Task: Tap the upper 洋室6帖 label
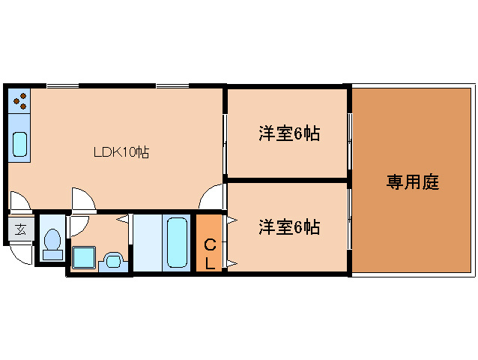[289, 134]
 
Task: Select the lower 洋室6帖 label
[289, 226]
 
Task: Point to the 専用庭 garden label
[412, 181]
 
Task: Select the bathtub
[177, 242]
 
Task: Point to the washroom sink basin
[112, 260]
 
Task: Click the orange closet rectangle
[209, 243]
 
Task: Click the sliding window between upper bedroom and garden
[349, 133]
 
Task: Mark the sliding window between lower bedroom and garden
[349, 225]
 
